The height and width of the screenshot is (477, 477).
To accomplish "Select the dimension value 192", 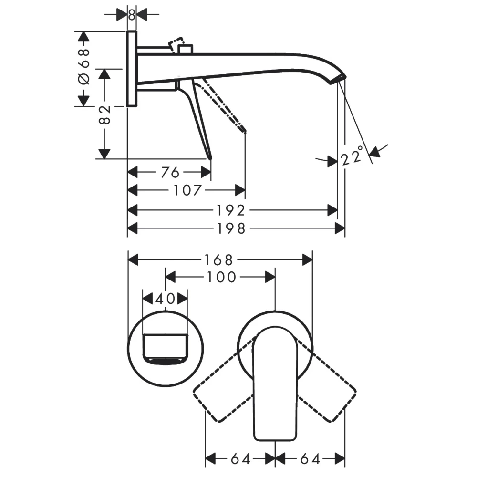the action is pyautogui.click(x=231, y=210).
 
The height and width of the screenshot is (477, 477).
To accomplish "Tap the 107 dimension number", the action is pyautogui.click(x=187, y=191).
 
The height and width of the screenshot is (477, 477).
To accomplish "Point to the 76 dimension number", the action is pyautogui.click(x=170, y=173).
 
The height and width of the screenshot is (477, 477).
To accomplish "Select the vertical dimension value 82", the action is pyautogui.click(x=104, y=114).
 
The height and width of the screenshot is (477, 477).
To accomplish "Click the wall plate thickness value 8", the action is pyautogui.click(x=132, y=15).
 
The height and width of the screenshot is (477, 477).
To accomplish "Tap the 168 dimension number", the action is pyautogui.click(x=218, y=260).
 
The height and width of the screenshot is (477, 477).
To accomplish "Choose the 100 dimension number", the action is pyautogui.click(x=221, y=277).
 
